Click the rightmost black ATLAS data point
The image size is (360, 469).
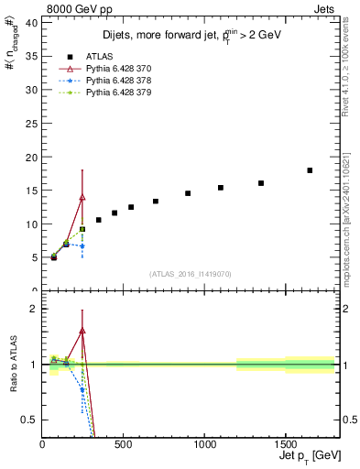[310, 170]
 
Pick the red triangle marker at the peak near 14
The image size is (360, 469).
[82, 197]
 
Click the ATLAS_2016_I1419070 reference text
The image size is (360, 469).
[191, 273]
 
